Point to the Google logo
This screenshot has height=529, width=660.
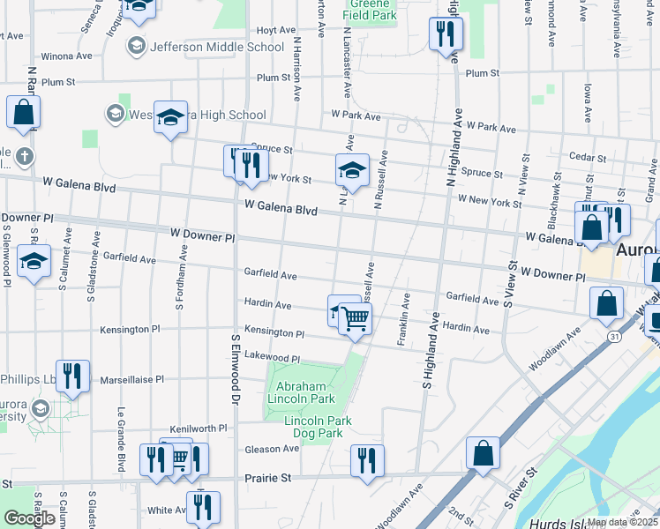(29, 518)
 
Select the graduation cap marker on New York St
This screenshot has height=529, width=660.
(352, 170)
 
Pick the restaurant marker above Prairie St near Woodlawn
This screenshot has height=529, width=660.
(366, 460)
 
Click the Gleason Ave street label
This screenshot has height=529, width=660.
(272, 448)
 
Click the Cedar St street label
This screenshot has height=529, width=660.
(587, 158)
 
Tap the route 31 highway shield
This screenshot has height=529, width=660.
(613, 336)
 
